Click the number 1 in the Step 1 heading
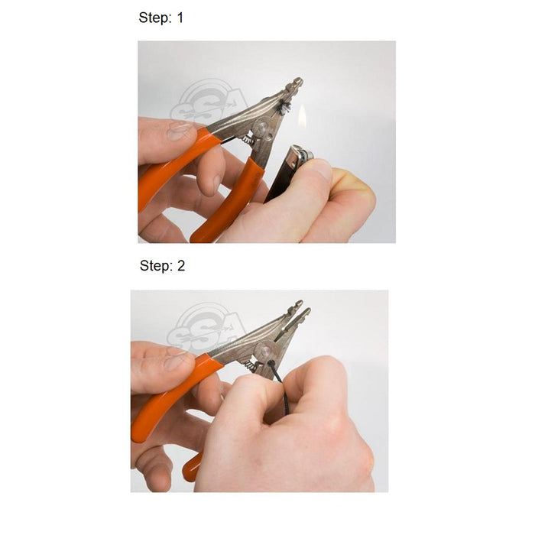180,18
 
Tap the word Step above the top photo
154,18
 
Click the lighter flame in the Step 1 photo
302,118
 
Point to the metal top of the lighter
304,156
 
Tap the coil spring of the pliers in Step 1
248,140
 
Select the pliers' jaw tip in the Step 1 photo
296,82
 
